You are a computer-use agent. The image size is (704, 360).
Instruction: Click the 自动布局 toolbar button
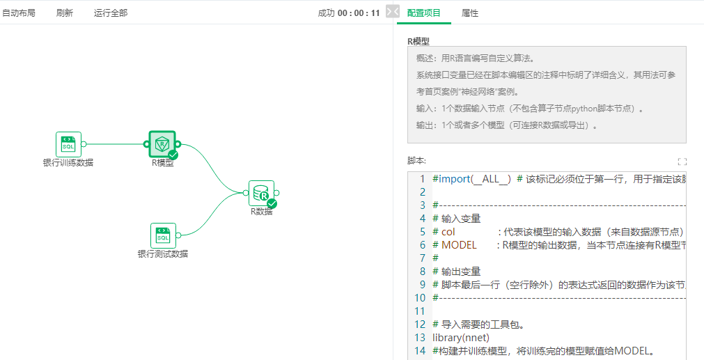pos(19,13)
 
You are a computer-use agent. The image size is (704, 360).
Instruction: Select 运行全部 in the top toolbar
pos(111,13)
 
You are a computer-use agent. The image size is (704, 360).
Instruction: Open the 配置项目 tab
pos(423,13)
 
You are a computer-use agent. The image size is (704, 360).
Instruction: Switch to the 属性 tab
pos(470,13)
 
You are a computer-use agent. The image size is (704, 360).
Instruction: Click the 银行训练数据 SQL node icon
pos(68,144)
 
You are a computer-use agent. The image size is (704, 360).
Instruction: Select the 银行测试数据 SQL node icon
pos(163,235)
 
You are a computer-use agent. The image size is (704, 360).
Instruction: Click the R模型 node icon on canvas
pos(162,144)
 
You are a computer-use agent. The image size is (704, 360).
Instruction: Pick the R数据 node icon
pos(261,193)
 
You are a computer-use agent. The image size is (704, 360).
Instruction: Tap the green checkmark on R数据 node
pos(272,203)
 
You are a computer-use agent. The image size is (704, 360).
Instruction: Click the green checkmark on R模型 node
pos(173,155)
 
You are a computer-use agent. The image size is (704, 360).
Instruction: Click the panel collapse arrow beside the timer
pos(392,12)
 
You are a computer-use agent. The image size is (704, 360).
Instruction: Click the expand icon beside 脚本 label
pos(682,162)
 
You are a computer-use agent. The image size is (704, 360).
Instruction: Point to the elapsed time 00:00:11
pos(359,13)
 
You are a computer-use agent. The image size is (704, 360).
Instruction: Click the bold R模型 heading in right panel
pos(419,41)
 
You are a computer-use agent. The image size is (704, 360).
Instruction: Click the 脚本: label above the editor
pos(416,161)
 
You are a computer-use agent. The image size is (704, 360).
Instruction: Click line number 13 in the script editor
pos(419,338)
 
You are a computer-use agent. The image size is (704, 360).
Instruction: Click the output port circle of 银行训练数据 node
pos(84,144)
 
